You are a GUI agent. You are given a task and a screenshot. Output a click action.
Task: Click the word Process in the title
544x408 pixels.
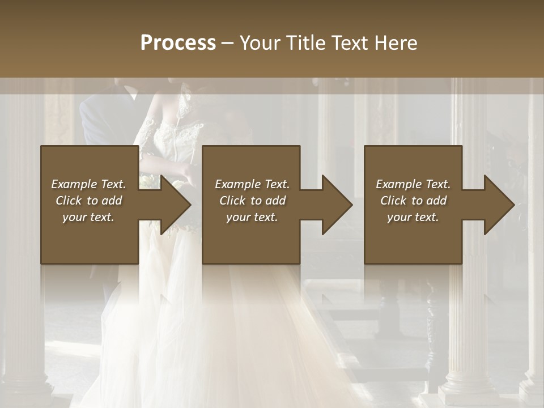(x=178, y=43)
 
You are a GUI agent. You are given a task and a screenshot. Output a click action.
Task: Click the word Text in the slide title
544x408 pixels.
(x=351, y=43)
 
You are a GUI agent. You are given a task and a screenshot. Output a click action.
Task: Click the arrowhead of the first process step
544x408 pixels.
(x=176, y=205)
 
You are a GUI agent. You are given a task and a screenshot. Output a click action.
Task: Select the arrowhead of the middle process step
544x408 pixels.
(x=337, y=205)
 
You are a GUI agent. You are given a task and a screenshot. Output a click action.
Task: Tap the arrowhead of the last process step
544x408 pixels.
(x=499, y=205)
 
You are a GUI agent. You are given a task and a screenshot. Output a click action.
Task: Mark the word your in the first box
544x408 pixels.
(x=74, y=217)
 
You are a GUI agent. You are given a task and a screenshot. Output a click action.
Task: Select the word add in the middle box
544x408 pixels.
(x=275, y=201)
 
